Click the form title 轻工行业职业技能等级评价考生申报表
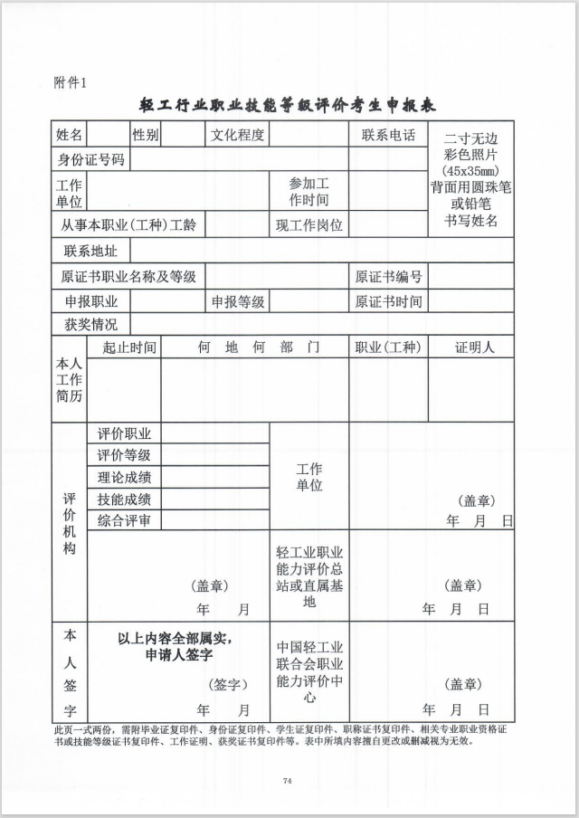[288, 105]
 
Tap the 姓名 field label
[70, 136]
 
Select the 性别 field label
[145, 136]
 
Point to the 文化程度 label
[237, 136]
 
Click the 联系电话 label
[388, 136]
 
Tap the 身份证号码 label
[90, 160]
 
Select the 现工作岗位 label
[309, 224]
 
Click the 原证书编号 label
[388, 276]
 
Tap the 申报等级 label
[238, 301]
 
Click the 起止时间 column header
[128, 347]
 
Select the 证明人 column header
[470, 347]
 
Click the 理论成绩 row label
[124, 477]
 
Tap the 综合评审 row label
[124, 519]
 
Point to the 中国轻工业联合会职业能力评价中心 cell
[309, 672]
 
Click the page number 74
[288, 780]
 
